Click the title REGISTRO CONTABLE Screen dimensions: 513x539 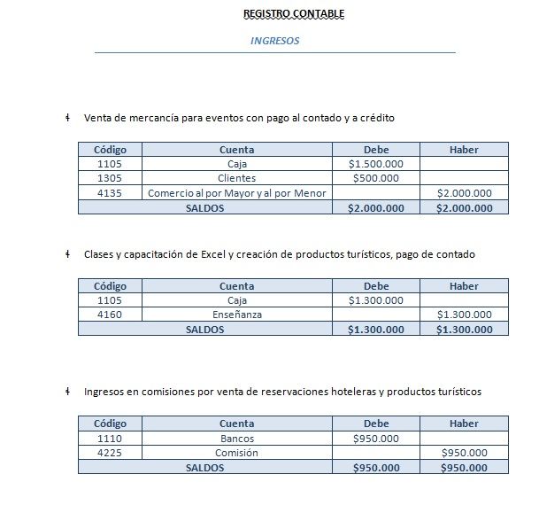[294, 13]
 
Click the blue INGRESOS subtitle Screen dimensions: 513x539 [274, 41]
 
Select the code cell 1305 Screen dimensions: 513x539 [110, 178]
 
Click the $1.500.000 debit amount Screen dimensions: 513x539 [375, 164]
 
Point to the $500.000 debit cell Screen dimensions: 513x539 [375, 178]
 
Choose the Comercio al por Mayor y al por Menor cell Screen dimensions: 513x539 [236, 193]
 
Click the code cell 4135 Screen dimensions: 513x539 [110, 193]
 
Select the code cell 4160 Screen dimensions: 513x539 [110, 315]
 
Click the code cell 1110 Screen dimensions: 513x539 [110, 439]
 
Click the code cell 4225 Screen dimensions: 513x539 [110, 453]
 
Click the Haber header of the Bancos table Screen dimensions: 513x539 [464, 424]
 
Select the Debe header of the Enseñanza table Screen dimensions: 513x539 [375, 286]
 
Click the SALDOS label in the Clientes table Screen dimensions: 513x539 [204, 208]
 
